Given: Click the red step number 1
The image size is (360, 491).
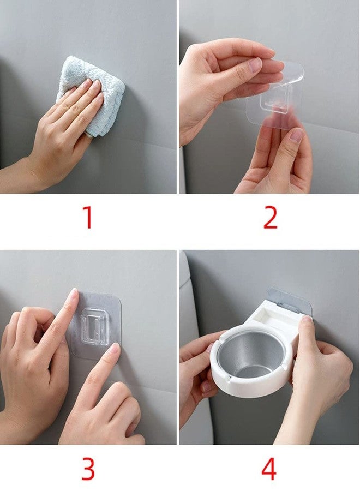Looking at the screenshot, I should pyautogui.click(x=87, y=217).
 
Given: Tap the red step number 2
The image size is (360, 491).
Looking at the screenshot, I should pyautogui.click(x=271, y=217).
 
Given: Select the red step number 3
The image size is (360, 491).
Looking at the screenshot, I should pyautogui.click(x=88, y=469).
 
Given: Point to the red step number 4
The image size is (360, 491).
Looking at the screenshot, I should pyautogui.click(x=269, y=469).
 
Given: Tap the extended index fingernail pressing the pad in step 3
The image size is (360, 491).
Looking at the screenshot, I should pyautogui.click(x=73, y=296).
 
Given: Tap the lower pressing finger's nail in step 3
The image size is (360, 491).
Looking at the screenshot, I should pyautogui.click(x=113, y=349).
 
